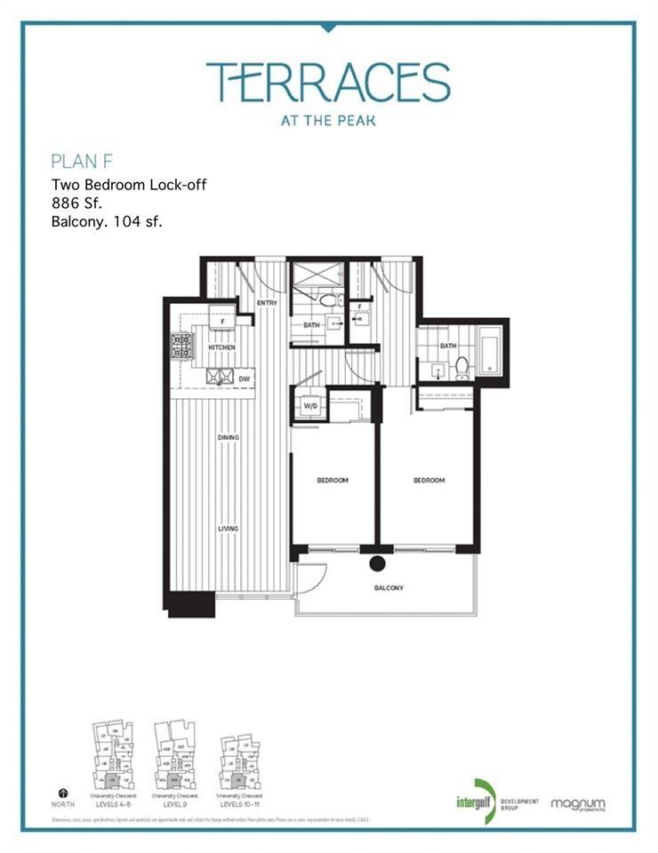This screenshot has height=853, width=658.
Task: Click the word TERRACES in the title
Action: point(328,82)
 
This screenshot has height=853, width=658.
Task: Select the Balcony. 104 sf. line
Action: point(107,223)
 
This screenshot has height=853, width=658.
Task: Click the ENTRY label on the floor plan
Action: point(267,303)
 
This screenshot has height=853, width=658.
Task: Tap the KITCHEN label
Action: point(221,347)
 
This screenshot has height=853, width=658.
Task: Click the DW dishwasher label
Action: point(244,379)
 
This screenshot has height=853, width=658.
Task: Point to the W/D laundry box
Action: point(311,407)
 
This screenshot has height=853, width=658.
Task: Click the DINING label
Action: point(229,438)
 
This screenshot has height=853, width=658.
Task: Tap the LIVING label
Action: point(229,529)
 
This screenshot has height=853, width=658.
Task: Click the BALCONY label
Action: point(389,588)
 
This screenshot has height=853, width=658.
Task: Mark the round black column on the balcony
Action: point(377,562)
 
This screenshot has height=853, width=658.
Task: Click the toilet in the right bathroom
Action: point(461,365)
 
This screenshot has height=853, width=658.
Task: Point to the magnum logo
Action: point(578,804)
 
